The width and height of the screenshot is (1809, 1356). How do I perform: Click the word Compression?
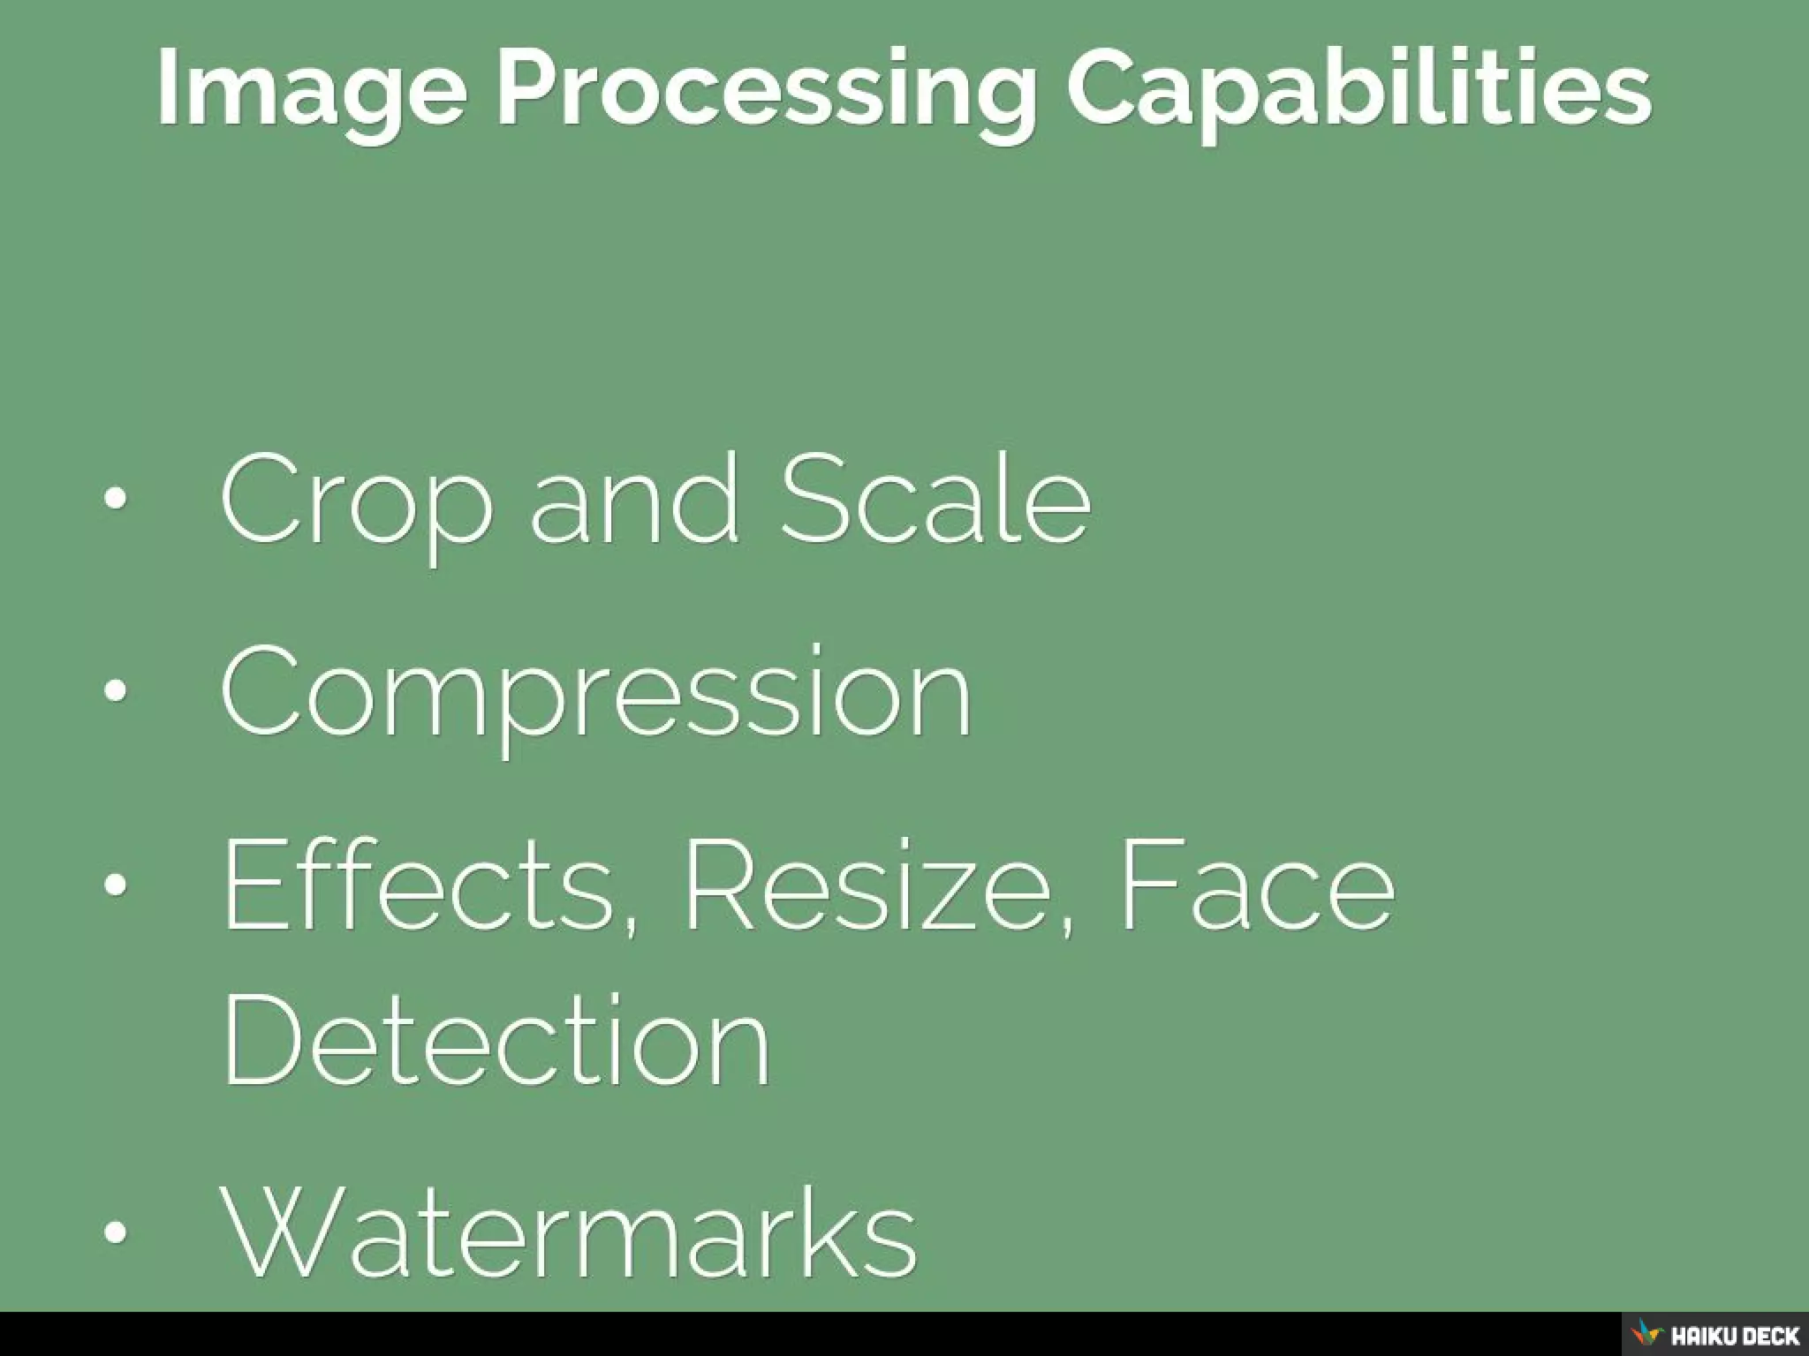coord(597,694)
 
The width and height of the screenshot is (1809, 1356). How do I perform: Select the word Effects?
coord(419,886)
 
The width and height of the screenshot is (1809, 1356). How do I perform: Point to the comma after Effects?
coord(628,927)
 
